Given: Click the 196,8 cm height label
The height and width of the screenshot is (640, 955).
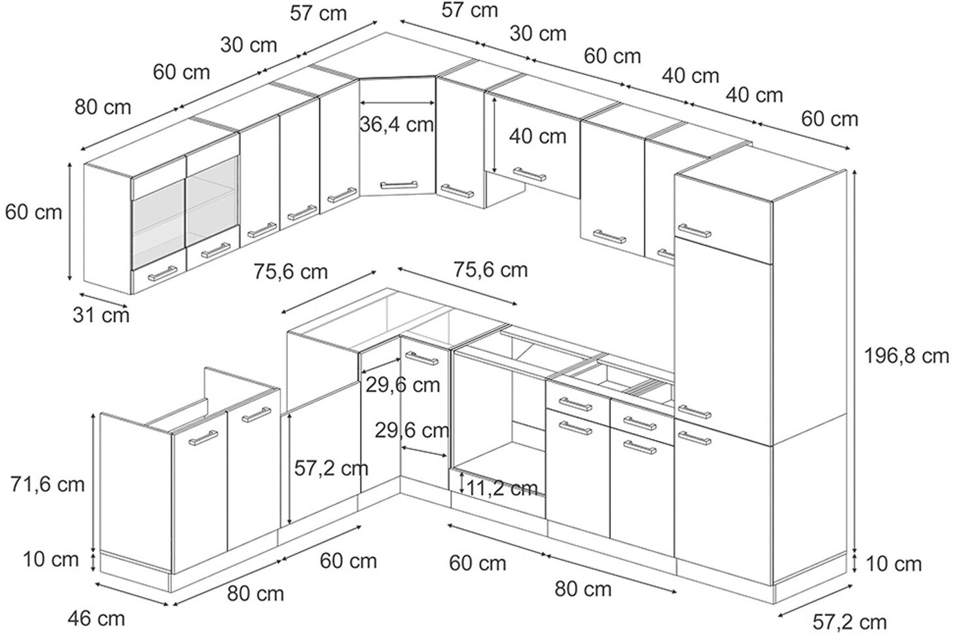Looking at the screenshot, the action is point(906,356).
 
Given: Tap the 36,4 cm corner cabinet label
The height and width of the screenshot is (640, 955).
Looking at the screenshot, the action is point(397,124).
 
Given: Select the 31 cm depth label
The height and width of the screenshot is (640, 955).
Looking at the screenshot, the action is point(101,315).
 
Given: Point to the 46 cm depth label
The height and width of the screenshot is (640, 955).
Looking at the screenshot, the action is point(96,618).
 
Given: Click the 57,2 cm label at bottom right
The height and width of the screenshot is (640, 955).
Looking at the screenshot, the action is point(849,621).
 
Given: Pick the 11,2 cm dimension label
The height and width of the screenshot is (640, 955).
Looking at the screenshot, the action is point(503,488).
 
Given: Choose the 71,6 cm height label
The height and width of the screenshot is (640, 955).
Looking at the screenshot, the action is point(48,484).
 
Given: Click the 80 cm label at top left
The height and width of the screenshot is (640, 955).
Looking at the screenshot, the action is point(102,107).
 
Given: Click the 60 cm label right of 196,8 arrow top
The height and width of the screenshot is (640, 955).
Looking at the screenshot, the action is point(829,119).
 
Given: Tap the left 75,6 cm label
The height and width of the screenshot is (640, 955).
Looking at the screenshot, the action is point(291,271).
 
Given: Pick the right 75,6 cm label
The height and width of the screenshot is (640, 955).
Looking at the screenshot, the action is point(490,270).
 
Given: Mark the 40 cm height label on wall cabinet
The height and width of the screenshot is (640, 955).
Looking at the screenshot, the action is point(537,136).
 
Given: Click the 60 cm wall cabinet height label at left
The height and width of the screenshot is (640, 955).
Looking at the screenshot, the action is point(33,212).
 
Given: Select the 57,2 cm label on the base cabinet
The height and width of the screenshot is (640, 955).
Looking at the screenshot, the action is point(331,468).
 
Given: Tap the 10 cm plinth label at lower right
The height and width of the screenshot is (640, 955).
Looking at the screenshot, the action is point(893,563).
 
